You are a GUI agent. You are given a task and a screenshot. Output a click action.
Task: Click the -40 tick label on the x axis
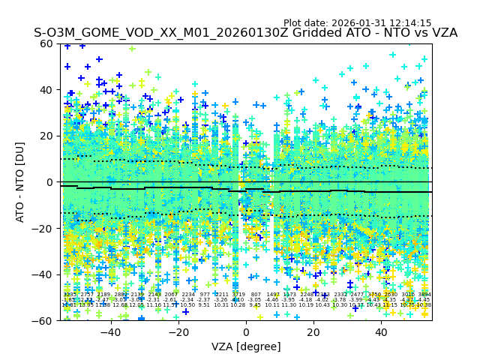point(110,332)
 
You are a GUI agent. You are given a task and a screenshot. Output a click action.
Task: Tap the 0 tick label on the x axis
point(246,332)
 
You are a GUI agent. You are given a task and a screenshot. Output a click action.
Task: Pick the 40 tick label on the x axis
point(381,332)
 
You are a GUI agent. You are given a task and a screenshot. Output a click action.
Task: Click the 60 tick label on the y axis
point(47,43)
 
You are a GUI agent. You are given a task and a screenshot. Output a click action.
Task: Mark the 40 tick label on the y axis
point(47,90)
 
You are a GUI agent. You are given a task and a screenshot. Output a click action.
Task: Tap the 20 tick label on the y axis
point(47,136)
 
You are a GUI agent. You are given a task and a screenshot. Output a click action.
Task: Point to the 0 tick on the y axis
point(50,182)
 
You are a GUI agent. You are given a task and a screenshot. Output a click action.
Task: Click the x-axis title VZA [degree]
point(246,346)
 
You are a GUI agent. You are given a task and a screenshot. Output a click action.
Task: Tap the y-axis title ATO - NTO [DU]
point(21,182)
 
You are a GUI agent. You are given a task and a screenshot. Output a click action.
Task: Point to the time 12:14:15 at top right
point(411,23)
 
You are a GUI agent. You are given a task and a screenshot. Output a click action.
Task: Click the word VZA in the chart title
point(443,33)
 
